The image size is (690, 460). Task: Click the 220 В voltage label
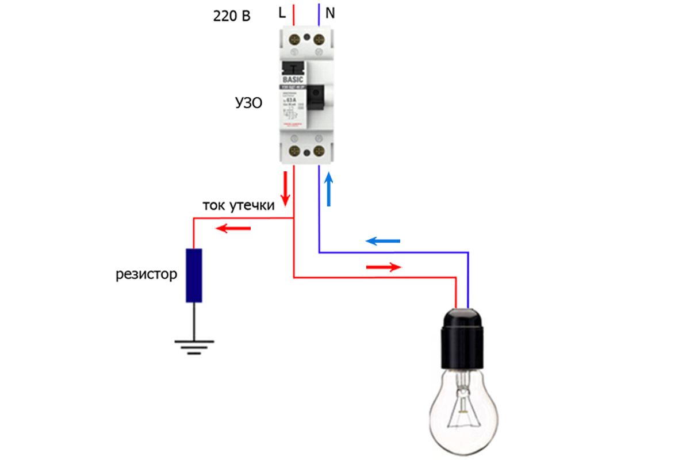(232, 16)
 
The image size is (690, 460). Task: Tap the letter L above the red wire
(282, 13)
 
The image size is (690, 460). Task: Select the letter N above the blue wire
(330, 13)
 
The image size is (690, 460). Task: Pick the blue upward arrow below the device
(329, 189)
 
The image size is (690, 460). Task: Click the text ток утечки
(238, 205)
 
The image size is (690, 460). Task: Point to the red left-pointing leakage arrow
(233, 229)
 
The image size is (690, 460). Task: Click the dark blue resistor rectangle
(194, 275)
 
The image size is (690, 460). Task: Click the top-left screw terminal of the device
(294, 40)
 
